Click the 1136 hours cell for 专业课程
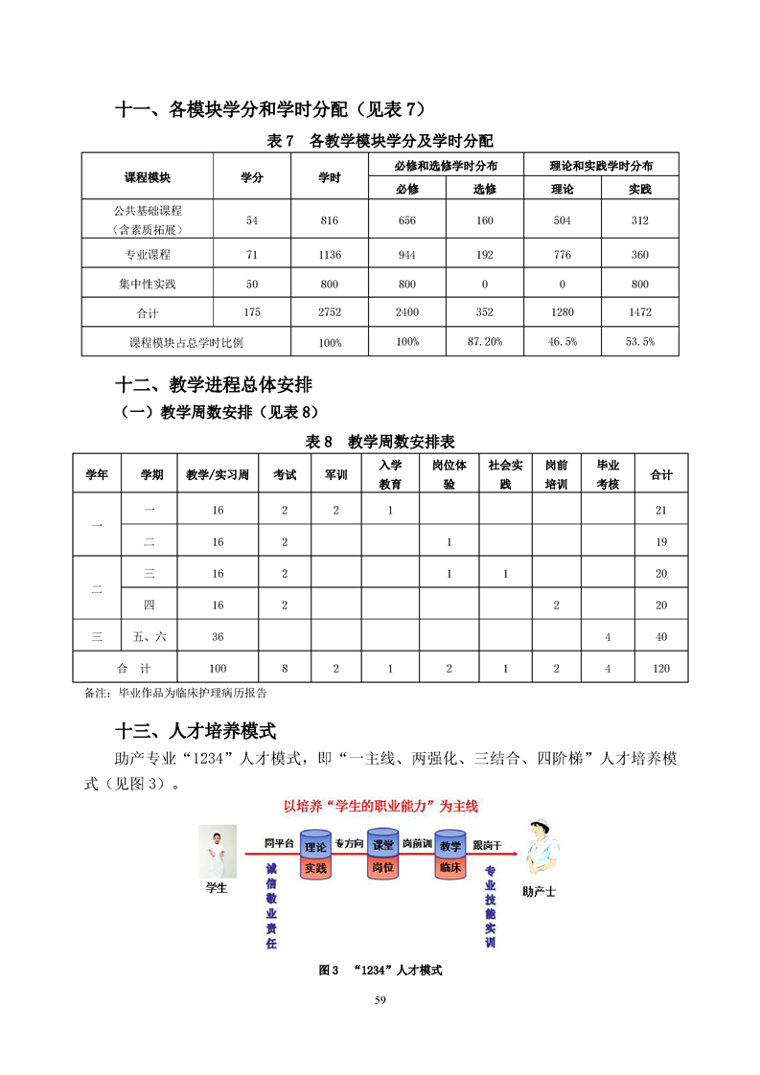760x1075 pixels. (329, 255)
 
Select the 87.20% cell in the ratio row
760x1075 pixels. (485, 342)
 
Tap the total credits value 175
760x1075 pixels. (252, 312)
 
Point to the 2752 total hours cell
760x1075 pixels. (329, 312)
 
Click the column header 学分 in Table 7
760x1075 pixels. (252, 177)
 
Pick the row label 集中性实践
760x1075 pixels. (147, 284)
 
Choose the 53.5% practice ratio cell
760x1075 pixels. (639, 342)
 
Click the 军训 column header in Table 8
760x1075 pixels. (336, 474)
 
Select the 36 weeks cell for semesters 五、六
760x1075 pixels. (218, 637)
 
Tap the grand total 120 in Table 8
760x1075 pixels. (661, 669)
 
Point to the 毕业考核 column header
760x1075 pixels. (608, 474)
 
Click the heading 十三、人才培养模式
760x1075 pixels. (196, 731)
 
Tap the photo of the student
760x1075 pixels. (217, 851)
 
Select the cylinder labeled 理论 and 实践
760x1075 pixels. (315, 857)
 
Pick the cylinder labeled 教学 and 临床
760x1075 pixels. (450, 857)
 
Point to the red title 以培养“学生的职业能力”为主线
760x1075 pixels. (380, 807)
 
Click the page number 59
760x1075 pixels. (380, 1000)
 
